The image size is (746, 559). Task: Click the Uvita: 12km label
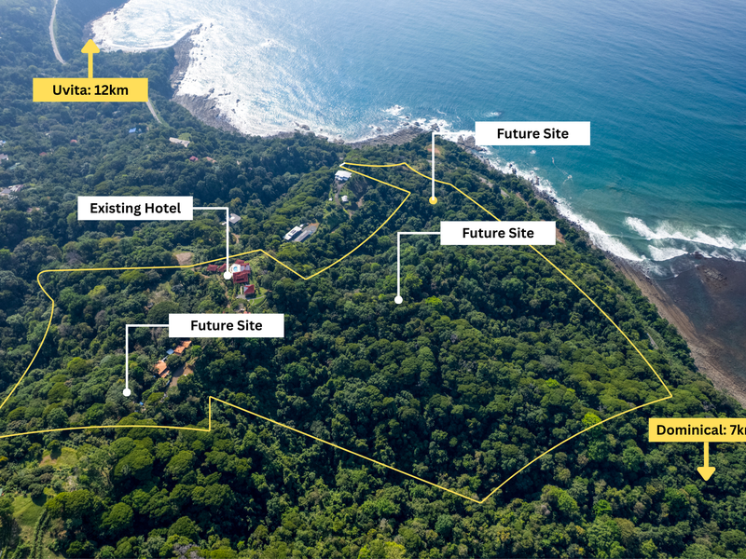tap(90, 89)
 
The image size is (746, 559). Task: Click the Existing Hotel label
tap(135, 208)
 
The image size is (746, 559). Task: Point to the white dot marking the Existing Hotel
tap(228, 276)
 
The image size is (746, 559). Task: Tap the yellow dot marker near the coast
tap(433, 200)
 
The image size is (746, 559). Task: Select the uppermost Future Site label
tap(532, 133)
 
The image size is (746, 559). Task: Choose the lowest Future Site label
tap(225, 325)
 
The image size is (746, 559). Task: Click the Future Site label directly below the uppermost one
tap(498, 233)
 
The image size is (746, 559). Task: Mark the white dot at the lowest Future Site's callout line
tap(127, 392)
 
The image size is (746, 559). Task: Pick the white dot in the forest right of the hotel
tap(398, 300)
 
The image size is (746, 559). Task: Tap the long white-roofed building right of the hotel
tap(300, 232)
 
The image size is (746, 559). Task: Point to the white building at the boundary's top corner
tap(343, 175)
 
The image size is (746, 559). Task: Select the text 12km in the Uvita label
tap(117, 89)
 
